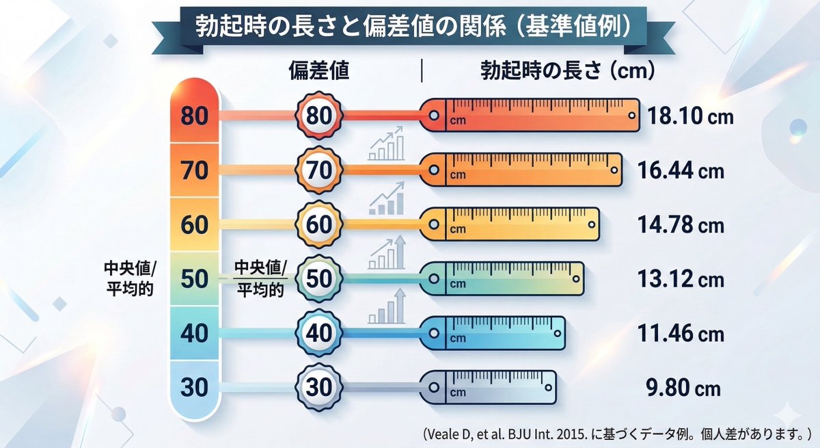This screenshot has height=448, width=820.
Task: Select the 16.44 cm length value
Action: pos(680,171)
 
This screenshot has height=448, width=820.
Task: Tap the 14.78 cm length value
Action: pos(680,225)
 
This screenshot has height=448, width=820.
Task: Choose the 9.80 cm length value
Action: pos(683,389)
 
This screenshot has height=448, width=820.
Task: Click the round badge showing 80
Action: pos(318,116)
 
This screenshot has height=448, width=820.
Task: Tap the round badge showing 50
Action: pos(318,279)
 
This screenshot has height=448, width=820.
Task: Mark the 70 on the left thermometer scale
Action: pos(195,170)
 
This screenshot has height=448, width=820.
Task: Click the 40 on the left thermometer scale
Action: pos(195,334)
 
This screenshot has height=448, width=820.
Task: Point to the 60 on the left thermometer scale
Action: pos(195,225)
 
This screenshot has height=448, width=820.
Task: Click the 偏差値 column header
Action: pos(319,71)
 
